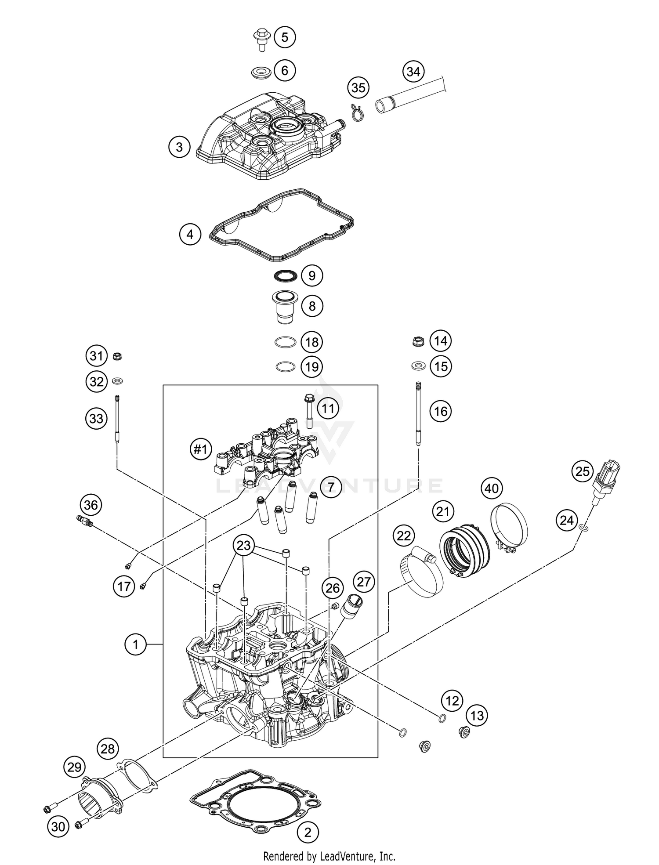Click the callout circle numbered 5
285,37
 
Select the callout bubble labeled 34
413,72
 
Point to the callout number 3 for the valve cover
179,146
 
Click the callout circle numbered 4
190,234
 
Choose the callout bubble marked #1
200,449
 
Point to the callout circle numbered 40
492,488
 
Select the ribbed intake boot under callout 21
465,547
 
